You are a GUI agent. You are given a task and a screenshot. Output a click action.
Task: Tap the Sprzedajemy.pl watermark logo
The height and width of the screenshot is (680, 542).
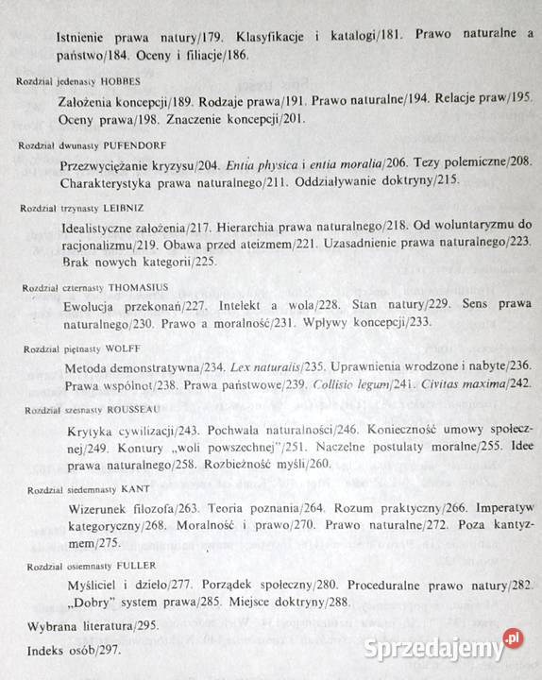[444, 649]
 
